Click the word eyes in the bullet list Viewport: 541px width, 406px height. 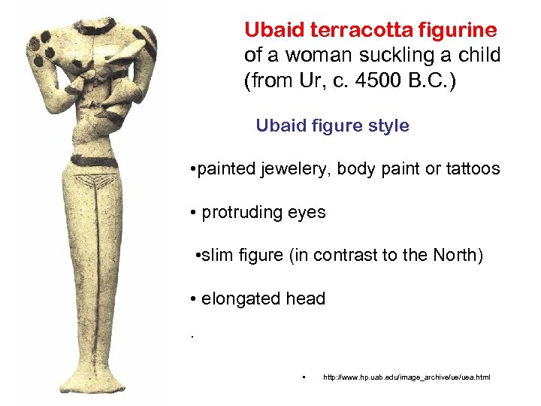pos(309,212)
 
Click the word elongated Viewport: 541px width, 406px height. pos(241,298)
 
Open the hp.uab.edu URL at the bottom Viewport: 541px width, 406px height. pos(406,376)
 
